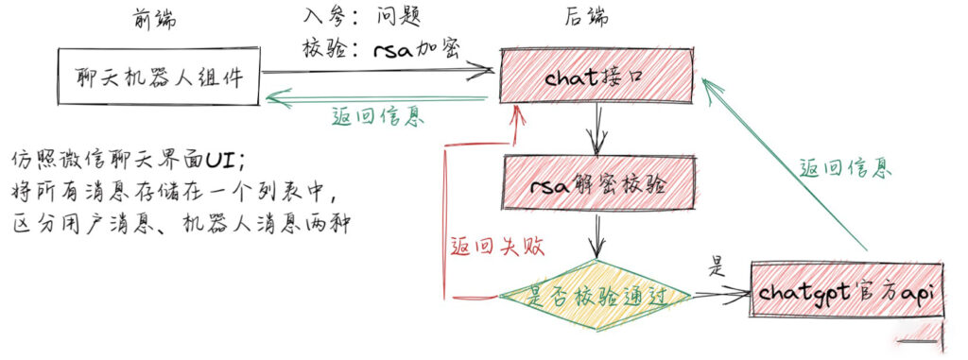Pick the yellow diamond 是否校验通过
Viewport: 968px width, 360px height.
point(595,296)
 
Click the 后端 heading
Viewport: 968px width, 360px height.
point(589,18)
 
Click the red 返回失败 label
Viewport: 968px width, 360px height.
point(483,247)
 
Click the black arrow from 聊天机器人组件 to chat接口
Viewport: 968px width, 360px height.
point(378,71)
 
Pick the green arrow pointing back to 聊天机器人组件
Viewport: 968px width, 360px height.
point(378,95)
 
